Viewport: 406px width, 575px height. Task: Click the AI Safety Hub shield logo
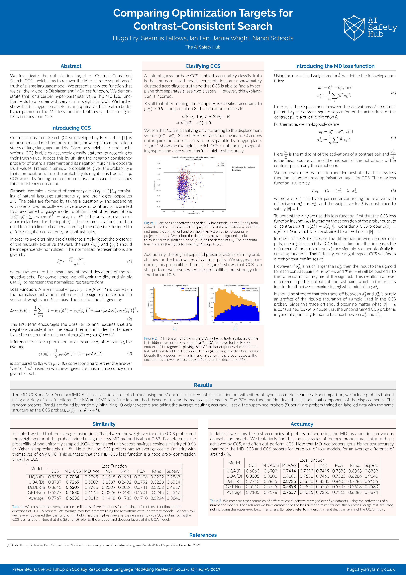pos(354,27)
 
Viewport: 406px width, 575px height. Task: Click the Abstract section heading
pos(71,66)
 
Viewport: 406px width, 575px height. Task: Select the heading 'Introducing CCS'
pos(71,128)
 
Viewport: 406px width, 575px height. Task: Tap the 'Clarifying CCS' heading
pos(203,66)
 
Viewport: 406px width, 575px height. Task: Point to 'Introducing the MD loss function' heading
pos(335,66)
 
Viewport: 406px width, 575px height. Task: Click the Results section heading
pos(203,385)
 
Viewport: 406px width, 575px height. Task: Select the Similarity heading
pos(104,424)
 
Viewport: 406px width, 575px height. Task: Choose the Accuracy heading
pos(302,424)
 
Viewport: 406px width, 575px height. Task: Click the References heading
pos(203,535)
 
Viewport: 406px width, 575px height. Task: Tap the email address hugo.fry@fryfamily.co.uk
pos(370,569)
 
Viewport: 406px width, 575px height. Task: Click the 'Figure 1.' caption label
pos(151,223)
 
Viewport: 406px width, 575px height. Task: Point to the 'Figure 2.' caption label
pos(151,338)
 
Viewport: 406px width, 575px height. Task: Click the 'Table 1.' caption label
pos(18,507)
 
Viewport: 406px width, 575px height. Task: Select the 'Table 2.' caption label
pos(216,501)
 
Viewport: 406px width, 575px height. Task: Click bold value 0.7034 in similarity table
pos(73,477)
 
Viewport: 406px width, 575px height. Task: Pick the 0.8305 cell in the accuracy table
pos(252,476)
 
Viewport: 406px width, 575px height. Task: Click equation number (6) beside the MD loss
pos(393,191)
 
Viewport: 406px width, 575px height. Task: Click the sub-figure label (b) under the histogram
pos(235,329)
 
